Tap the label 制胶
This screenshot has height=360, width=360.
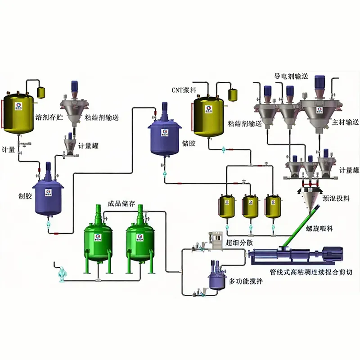point(19,195)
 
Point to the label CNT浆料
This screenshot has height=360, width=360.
point(183,90)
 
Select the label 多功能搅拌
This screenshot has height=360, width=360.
point(246,282)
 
